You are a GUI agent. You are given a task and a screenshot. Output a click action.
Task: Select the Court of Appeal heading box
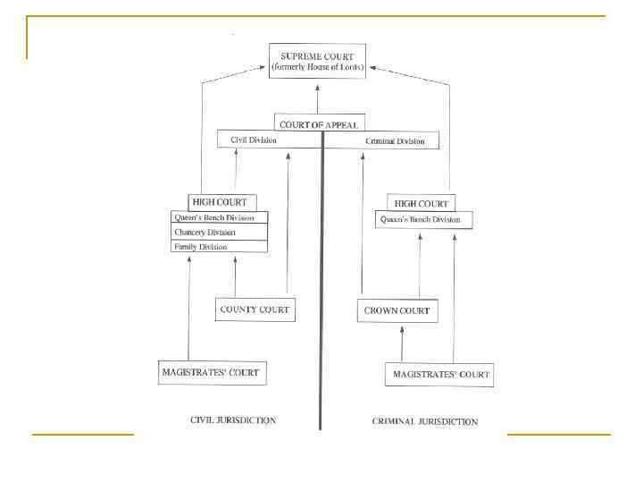point(321,124)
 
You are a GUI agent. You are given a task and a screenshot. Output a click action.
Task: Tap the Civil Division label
point(255,140)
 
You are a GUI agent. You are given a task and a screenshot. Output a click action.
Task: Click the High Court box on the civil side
point(218,202)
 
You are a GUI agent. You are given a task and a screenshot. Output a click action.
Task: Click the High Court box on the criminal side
point(422,202)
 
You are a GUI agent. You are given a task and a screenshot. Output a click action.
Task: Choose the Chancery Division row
point(219,232)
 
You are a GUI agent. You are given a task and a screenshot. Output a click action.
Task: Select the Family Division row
point(219,246)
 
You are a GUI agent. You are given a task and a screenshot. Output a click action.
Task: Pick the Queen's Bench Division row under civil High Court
point(219,217)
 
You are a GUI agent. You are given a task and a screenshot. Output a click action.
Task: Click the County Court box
point(255,310)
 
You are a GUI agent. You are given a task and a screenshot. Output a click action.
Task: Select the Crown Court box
point(397,311)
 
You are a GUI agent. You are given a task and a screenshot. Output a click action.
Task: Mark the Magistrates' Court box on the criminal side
point(439,374)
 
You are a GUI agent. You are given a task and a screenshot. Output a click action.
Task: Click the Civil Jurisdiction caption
point(234,419)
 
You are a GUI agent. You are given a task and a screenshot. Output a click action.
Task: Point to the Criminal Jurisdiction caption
point(424,420)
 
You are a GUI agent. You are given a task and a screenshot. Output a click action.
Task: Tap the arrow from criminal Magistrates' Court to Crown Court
point(402,343)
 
